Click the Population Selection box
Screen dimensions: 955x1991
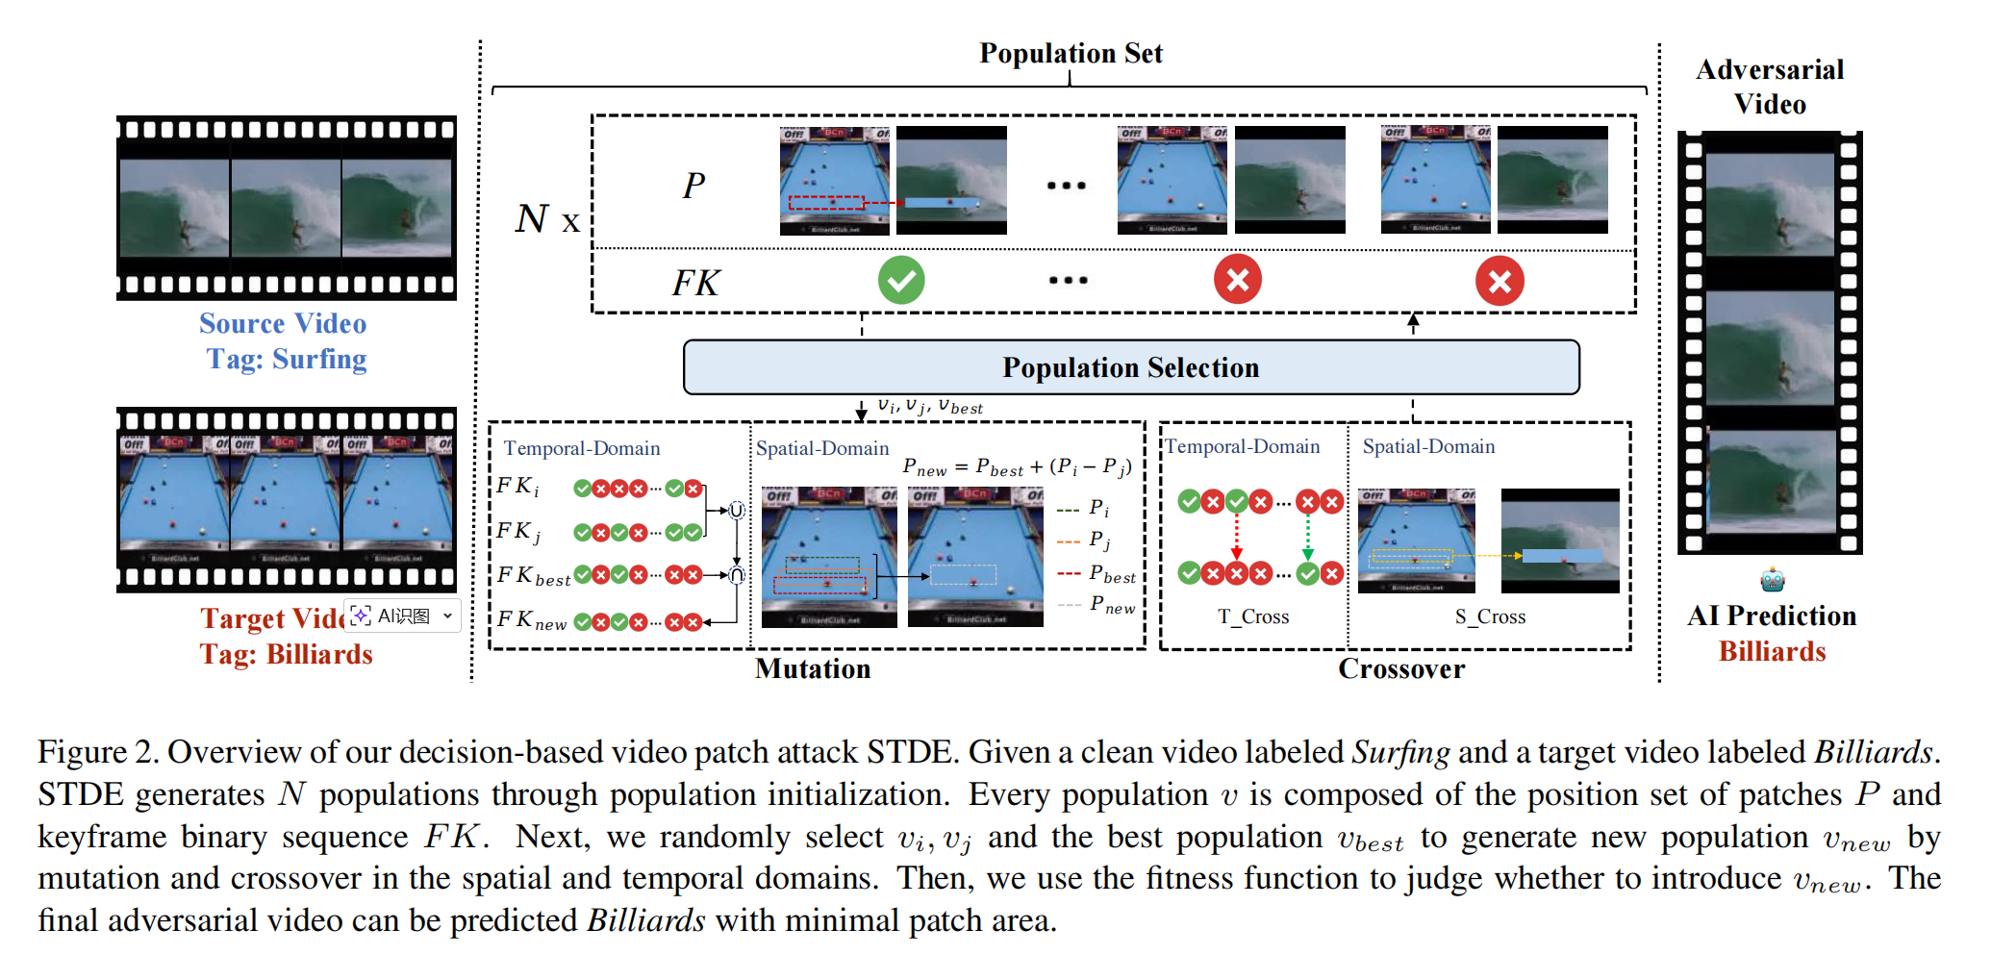[1130, 367]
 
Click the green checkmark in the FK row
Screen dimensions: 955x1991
[901, 280]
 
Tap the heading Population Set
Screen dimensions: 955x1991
[1071, 53]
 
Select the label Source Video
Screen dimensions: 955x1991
[283, 323]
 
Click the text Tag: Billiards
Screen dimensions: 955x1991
[286, 654]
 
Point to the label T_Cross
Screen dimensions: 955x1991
[1252, 616]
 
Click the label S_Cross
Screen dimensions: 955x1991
[1490, 616]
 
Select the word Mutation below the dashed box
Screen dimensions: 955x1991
[813, 668]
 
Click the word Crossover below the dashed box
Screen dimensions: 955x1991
[1401, 668]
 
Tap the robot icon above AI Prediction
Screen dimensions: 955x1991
[1772, 580]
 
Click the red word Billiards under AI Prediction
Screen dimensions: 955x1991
[1772, 651]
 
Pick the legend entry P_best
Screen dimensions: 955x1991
[1111, 574]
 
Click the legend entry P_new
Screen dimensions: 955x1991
[1111, 605]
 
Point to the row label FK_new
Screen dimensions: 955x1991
[532, 620]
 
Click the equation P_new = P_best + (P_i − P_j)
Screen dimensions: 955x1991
[1017, 467]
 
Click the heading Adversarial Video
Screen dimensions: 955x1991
[1770, 87]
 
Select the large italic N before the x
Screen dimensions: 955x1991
[531, 218]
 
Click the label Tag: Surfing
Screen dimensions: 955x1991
[286, 359]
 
